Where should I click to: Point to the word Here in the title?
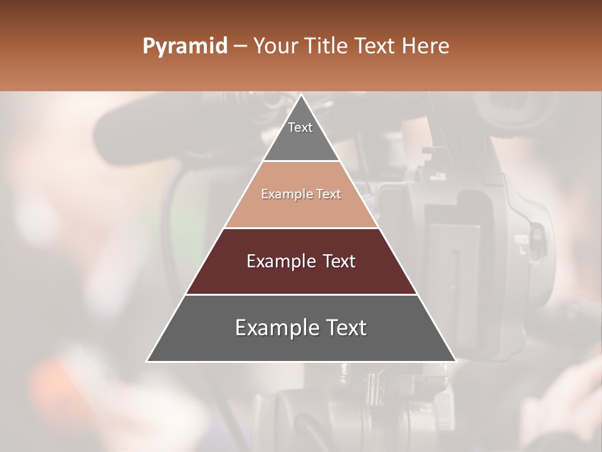coord(426,46)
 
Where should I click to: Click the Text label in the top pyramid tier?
coord(300,127)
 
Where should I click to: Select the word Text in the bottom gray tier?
coord(344,328)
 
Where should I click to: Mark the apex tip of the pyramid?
coord(301,95)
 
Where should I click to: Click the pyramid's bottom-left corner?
coord(147,361)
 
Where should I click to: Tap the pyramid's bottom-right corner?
coord(455,361)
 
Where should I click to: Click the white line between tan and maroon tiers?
coord(301,228)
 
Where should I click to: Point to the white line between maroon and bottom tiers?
coord(301,294)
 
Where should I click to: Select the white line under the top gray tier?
coord(301,161)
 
